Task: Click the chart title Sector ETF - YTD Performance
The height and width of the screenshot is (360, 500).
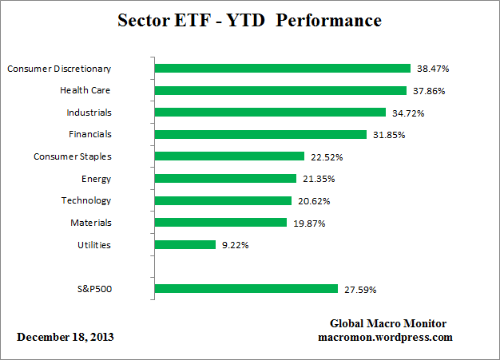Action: [x=249, y=19]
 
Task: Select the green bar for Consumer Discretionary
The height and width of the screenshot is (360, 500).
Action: [x=282, y=69]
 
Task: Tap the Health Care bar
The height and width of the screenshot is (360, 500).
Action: [x=280, y=90]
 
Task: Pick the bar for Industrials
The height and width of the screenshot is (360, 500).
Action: [x=270, y=113]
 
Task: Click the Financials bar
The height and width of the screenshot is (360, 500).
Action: [x=260, y=134]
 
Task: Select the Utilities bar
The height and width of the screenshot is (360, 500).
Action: [x=185, y=244]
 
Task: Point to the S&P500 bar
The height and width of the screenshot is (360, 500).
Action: [x=247, y=288]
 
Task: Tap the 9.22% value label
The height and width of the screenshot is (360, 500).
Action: [x=234, y=245]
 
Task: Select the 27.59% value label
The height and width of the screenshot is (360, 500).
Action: [x=360, y=289]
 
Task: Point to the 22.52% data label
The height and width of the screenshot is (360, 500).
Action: [x=324, y=157]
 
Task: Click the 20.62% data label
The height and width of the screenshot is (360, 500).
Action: [x=312, y=201]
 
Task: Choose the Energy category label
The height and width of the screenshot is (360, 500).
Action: [x=96, y=178]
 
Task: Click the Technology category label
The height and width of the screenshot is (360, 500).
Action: [x=86, y=200]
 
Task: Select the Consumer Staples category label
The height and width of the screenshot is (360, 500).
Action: [x=73, y=156]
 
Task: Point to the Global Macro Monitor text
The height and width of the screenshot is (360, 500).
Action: [x=388, y=323]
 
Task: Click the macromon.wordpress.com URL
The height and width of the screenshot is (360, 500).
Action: [x=385, y=337]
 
